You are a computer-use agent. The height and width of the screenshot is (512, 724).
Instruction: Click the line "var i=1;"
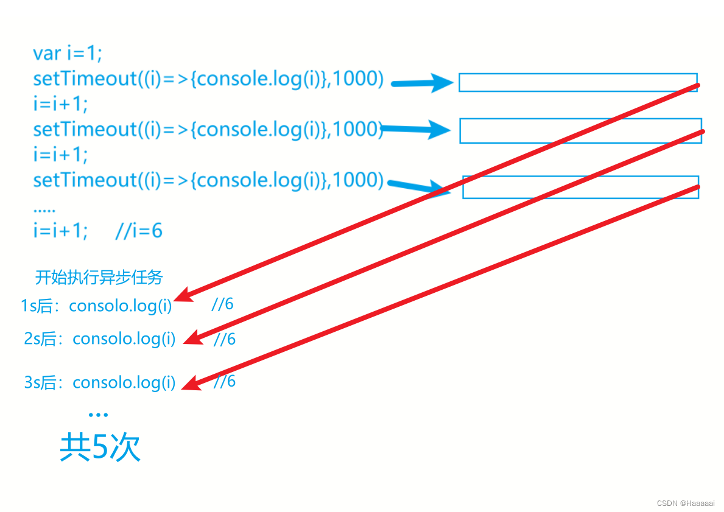[68, 54]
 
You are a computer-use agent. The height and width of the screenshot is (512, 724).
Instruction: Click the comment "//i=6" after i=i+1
[139, 231]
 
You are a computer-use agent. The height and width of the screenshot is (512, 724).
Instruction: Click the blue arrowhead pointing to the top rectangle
[442, 82]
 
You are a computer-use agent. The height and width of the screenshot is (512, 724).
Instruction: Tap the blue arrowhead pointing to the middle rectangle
[440, 129]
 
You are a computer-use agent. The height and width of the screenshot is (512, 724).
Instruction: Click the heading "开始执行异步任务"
[99, 278]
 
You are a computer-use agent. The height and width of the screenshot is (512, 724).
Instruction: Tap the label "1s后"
[38, 306]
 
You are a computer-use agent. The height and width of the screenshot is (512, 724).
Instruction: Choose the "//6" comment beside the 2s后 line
[224, 339]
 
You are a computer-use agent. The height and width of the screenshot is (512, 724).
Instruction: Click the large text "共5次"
[100, 449]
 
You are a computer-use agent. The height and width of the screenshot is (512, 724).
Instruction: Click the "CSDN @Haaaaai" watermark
[686, 503]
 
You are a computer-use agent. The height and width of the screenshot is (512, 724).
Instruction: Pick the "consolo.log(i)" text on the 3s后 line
[124, 383]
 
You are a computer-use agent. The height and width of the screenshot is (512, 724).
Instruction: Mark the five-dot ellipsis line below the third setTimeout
[44, 209]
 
